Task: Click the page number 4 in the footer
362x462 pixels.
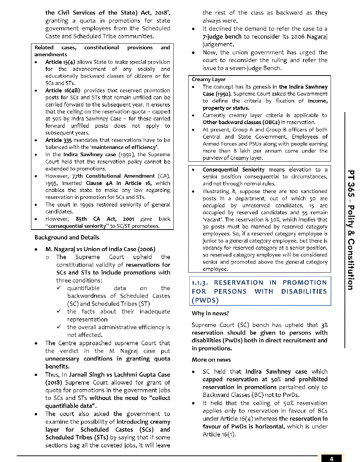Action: pos(331,459)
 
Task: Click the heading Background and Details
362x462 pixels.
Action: pos(67,238)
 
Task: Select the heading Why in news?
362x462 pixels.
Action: pos(210,313)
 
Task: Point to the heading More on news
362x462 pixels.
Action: pos(211,360)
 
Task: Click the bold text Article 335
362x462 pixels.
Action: pos(58,140)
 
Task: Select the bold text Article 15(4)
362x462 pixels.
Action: pos(60,62)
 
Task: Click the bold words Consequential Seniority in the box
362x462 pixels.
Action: pos(234,170)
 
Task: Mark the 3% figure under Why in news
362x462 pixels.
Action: pos(324,325)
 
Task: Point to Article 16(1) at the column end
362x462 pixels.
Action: pos(219,435)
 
